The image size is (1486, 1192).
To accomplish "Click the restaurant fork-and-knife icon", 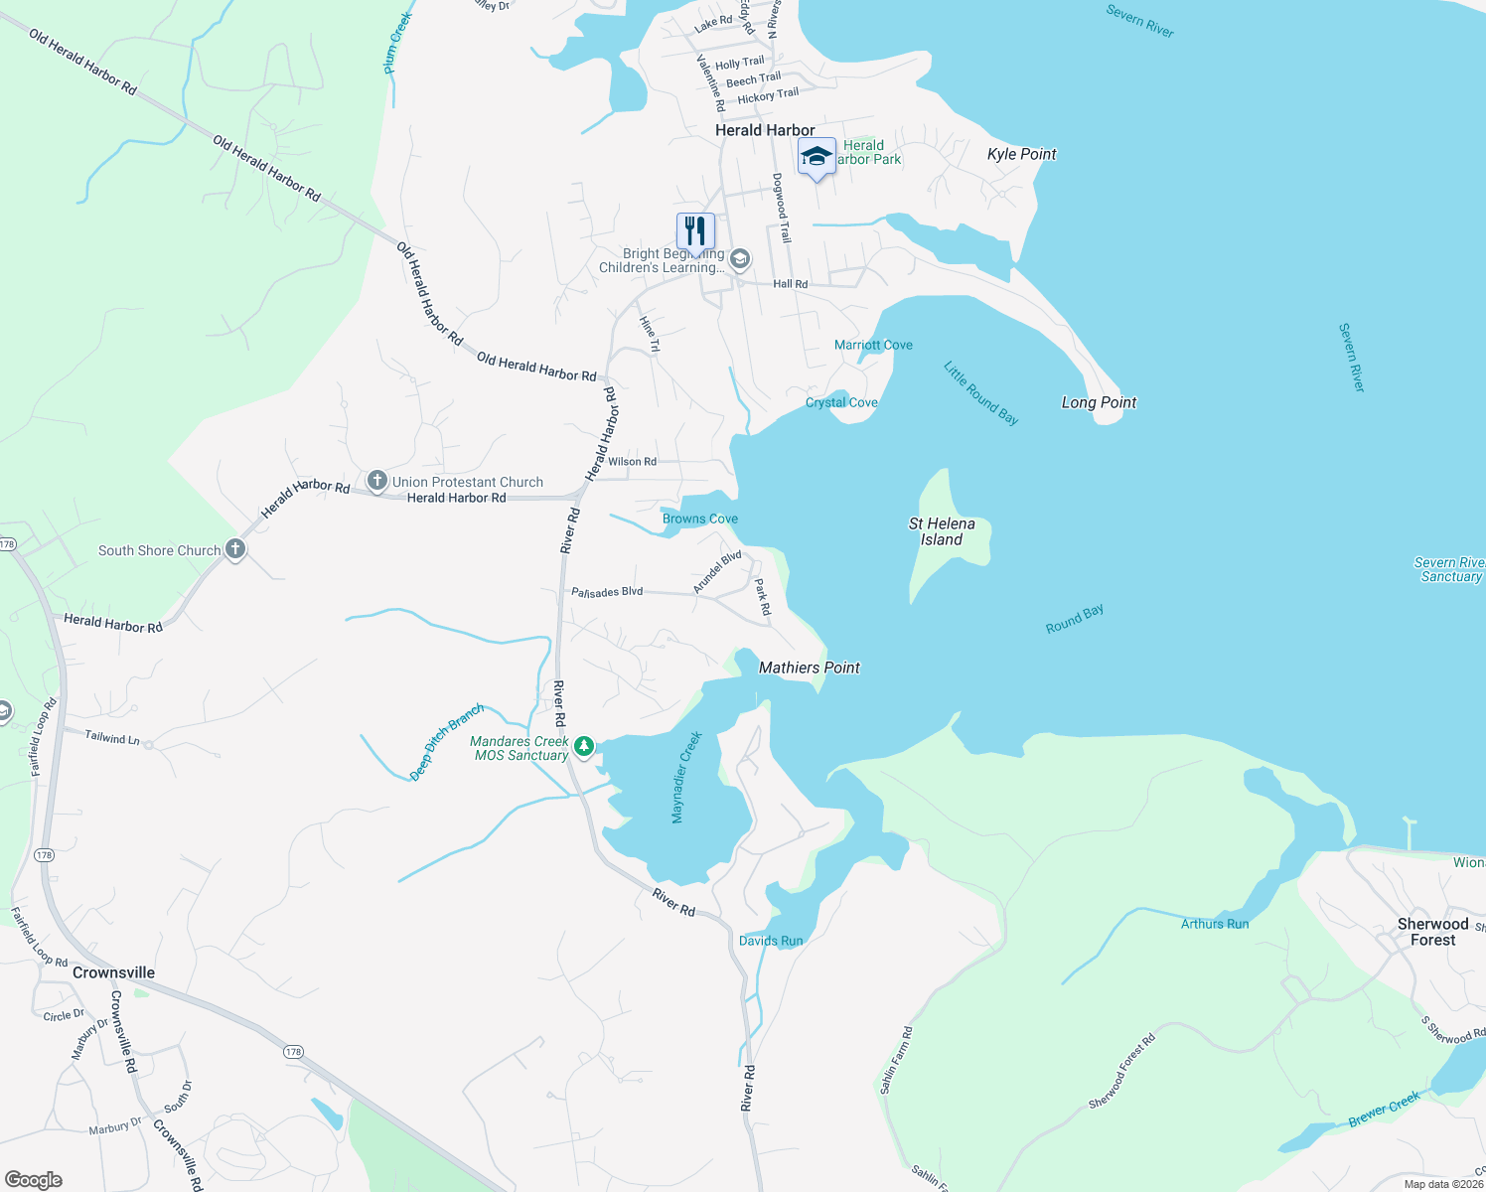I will (695, 230).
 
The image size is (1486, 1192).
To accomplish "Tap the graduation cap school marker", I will (817, 157).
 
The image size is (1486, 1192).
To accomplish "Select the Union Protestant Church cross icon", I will (376, 482).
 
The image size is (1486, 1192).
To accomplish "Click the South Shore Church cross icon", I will (235, 548).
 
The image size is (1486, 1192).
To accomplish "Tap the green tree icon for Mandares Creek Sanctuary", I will (585, 745).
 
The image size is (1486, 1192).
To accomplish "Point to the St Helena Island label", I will (942, 531).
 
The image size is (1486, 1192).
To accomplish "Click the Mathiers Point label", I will (810, 668).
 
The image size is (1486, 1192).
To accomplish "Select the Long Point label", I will (1099, 402).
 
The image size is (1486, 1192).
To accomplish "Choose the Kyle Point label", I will (1021, 154).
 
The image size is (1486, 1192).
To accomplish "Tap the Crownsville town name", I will (113, 972).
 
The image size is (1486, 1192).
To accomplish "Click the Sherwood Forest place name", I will (1432, 932).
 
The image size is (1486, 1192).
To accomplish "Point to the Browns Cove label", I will (700, 519).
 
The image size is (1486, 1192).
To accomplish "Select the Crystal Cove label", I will (841, 402).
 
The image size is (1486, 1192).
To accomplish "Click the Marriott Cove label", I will (873, 345).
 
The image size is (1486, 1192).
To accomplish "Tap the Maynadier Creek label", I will (685, 778).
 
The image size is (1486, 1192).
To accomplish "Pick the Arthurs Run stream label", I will (1215, 924).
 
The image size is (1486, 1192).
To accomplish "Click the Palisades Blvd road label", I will (607, 592).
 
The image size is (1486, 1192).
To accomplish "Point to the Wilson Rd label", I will (632, 462).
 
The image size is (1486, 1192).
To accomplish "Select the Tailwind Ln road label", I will (112, 738).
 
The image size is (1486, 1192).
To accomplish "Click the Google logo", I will (34, 1180).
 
